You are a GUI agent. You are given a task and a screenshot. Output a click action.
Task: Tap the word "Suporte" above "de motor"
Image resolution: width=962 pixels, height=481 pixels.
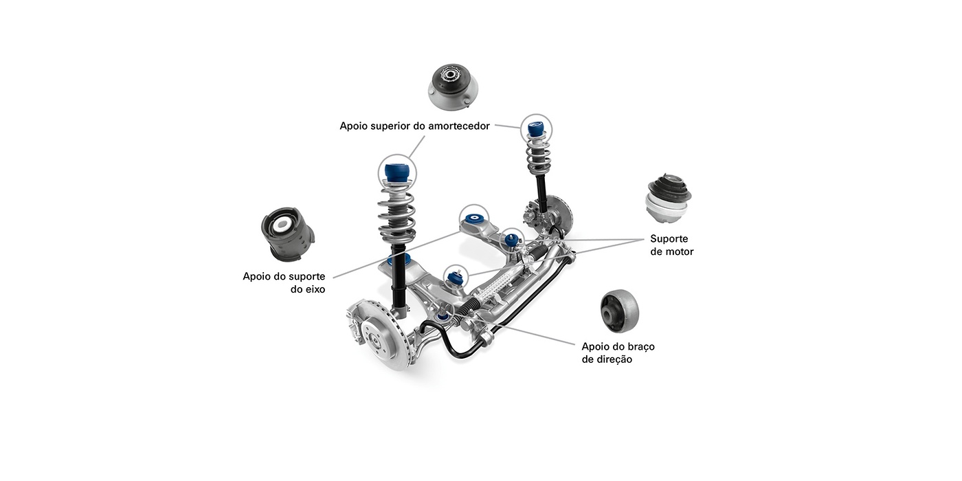tap(669, 239)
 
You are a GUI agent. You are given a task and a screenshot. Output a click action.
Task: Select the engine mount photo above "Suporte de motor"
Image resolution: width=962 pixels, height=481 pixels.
tap(668, 199)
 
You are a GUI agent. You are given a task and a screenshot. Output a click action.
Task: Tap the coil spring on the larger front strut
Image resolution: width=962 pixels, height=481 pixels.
tap(397, 214)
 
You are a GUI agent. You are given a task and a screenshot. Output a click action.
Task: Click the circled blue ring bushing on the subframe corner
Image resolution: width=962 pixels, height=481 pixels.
tap(473, 219)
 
